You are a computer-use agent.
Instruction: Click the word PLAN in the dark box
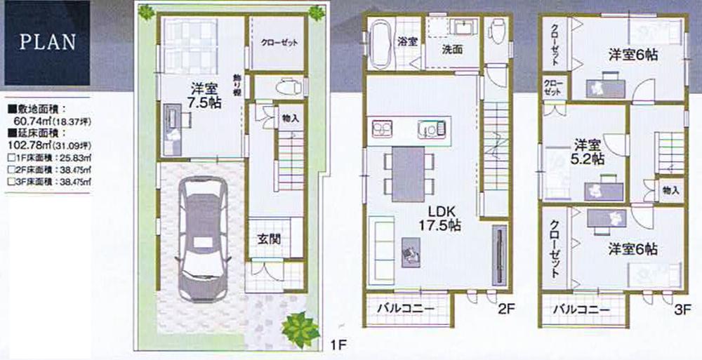coord(48,41)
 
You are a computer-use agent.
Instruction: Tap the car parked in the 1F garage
coord(201,239)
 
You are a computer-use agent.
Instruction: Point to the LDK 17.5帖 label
coord(441,218)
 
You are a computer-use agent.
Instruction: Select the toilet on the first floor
coord(286,88)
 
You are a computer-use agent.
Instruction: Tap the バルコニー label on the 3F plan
coord(580,309)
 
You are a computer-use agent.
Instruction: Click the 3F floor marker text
coord(682,309)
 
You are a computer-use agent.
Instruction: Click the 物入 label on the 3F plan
coord(670,190)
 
